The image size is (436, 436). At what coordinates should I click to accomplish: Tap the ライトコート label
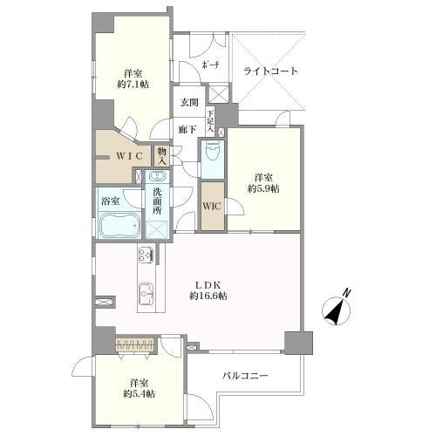point(270,71)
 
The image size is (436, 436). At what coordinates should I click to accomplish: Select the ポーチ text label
point(211,67)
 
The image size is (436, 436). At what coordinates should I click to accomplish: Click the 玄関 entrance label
point(189,102)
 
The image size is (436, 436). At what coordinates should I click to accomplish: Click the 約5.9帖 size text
point(262,187)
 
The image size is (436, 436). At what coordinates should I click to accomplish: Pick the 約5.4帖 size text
point(139,394)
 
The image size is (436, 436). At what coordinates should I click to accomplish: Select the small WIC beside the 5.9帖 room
point(212,206)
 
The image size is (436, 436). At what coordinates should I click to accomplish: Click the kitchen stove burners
point(145,255)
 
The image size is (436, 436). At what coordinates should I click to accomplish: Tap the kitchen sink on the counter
point(146,298)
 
